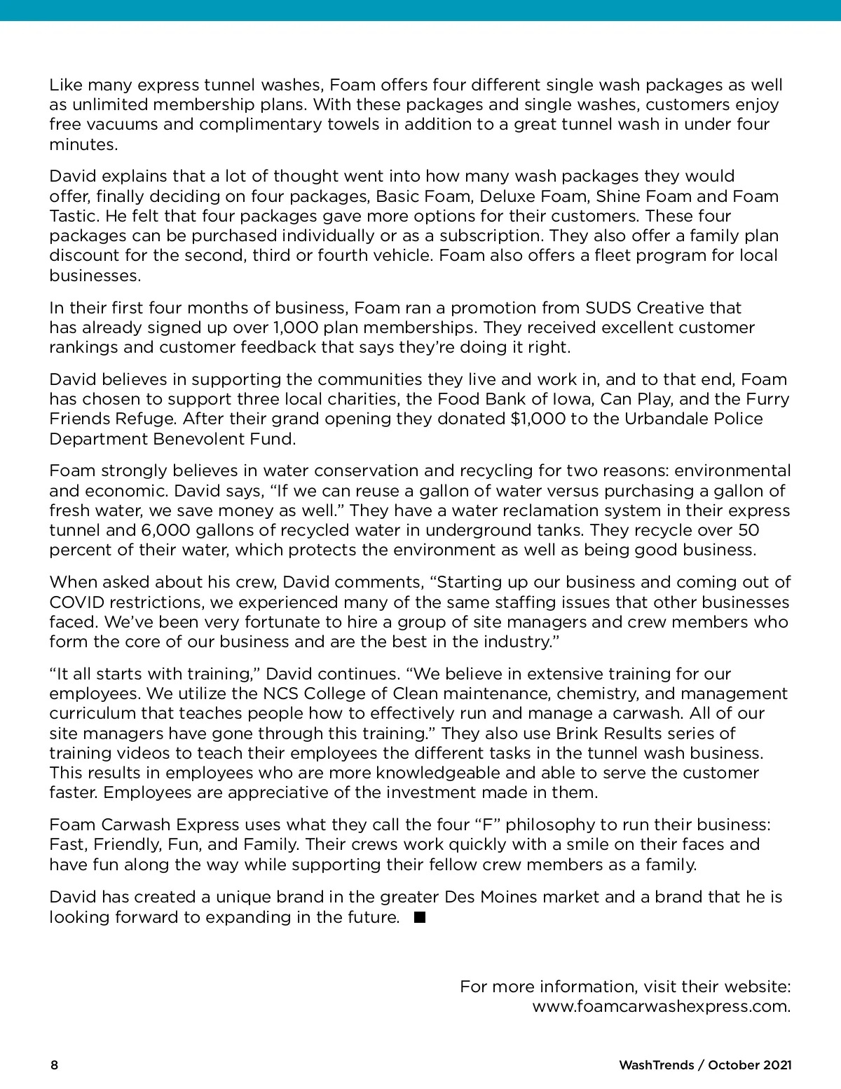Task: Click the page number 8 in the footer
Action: [54, 1065]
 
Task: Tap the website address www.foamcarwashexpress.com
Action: [661, 1007]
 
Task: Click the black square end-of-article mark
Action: [420, 917]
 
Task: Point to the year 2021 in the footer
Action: [777, 1065]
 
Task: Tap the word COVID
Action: [75, 602]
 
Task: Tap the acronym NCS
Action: [282, 694]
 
